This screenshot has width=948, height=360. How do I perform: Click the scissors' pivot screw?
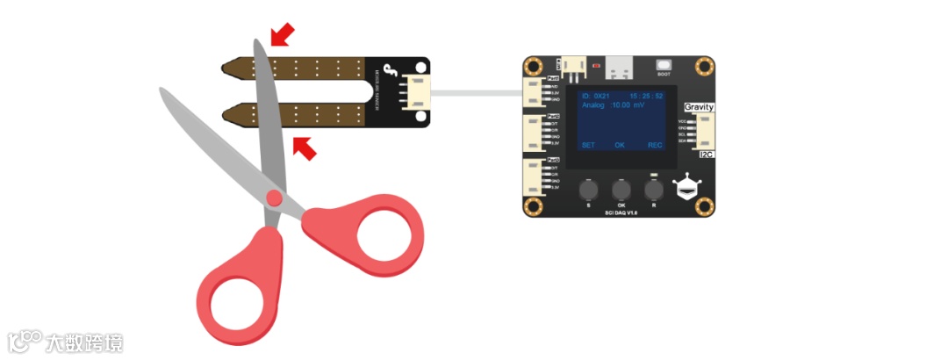[275, 198]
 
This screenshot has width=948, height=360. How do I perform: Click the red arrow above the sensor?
[283, 34]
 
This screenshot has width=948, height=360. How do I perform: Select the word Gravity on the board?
[699, 106]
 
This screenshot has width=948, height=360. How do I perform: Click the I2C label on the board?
[706, 154]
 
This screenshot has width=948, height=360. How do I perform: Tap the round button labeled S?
[588, 189]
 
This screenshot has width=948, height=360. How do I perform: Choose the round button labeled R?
[653, 189]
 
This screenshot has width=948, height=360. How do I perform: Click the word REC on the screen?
[655, 145]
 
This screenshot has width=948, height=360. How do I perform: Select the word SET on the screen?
[588, 145]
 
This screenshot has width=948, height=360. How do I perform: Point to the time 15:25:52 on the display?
[646, 95]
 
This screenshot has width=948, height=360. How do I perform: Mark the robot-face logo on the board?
[686, 188]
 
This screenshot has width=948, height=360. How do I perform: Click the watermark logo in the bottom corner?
[26, 341]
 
